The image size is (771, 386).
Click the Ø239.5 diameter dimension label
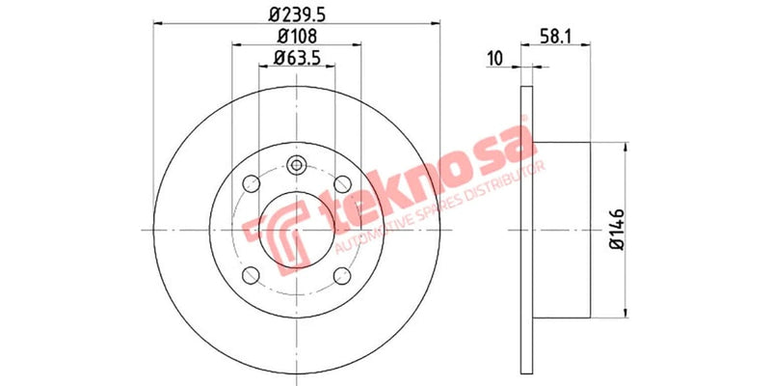(x=297, y=14)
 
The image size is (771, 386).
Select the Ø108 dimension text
(x=297, y=37)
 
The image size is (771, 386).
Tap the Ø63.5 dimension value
(x=297, y=59)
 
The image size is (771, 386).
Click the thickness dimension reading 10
(x=496, y=58)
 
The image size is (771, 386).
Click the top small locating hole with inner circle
(x=297, y=164)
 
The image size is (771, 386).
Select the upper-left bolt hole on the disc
(x=252, y=183)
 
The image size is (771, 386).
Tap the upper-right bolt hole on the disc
(x=342, y=183)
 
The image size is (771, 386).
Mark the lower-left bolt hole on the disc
(x=252, y=275)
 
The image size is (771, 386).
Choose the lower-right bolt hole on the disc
(x=342, y=275)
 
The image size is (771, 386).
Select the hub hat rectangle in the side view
(x=561, y=229)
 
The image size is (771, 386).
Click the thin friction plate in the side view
(x=526, y=229)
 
